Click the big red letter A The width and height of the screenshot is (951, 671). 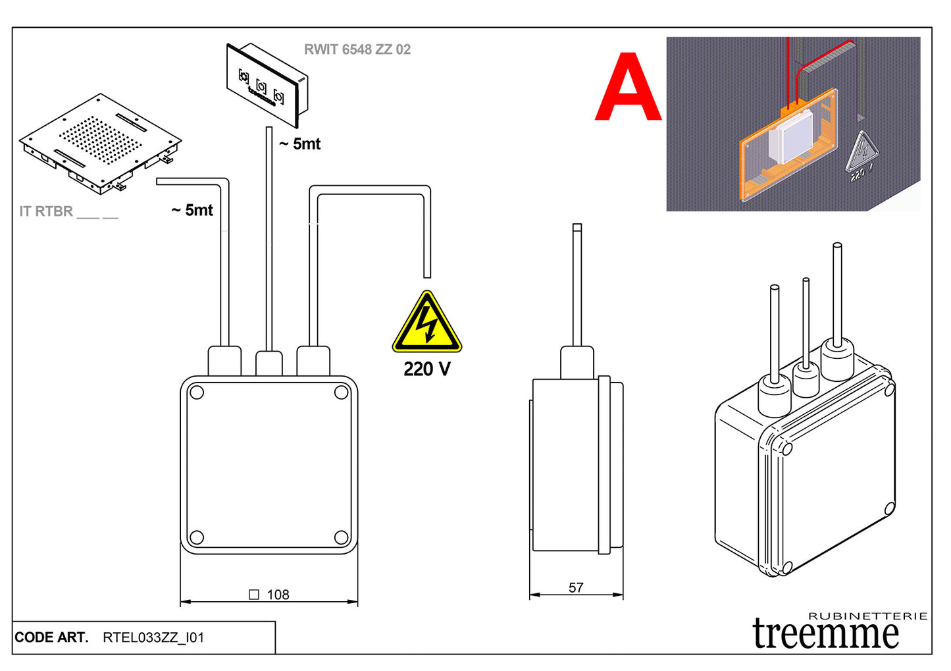(628, 89)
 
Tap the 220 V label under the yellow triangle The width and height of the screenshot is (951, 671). (427, 369)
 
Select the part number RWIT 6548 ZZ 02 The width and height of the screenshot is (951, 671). (357, 49)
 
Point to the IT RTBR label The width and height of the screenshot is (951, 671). (46, 211)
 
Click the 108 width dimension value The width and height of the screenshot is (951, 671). (278, 595)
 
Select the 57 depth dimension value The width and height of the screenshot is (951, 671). (576, 587)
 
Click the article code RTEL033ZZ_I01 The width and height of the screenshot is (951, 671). (153, 637)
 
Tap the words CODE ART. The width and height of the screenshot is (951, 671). (51, 637)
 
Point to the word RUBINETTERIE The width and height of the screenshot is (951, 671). (867, 616)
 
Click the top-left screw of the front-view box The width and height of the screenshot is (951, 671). (196, 393)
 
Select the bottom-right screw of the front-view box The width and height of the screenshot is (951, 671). (341, 537)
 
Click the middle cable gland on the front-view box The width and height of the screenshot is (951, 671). (269, 363)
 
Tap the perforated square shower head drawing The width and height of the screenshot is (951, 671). (100, 142)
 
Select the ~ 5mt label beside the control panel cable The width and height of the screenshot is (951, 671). (300, 144)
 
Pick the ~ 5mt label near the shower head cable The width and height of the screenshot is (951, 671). (192, 210)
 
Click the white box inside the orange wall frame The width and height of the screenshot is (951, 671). (795, 136)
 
